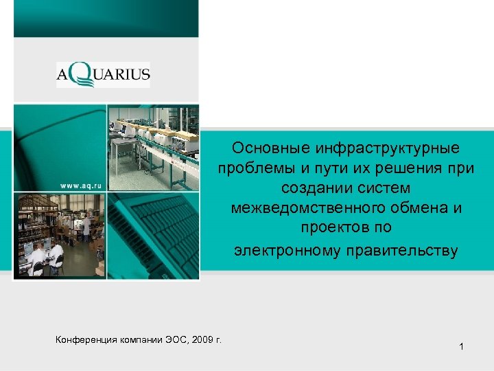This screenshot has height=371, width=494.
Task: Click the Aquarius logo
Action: pyautogui.click(x=103, y=74)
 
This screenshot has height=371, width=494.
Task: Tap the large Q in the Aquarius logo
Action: pyautogui.click(x=79, y=74)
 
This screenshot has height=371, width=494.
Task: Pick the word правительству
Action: pyautogui.click(x=403, y=250)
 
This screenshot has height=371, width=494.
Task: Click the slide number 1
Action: pyautogui.click(x=462, y=348)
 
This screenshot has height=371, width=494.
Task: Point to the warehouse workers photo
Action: pyautogui.click(x=60, y=235)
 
